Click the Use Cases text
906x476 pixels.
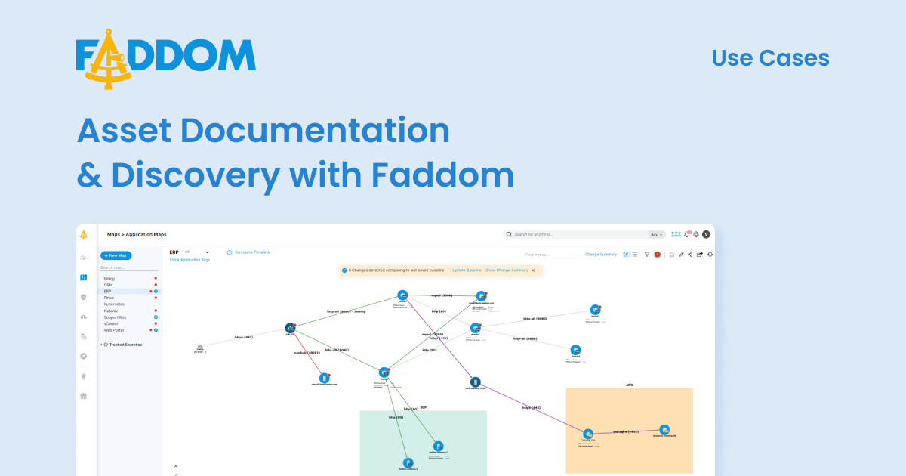click(770, 58)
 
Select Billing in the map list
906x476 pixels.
click(109, 279)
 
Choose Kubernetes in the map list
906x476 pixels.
click(114, 304)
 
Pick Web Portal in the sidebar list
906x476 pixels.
click(114, 330)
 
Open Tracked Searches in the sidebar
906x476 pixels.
click(127, 345)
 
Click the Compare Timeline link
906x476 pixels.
click(251, 252)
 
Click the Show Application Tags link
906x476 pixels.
click(190, 260)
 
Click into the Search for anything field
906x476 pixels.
click(578, 234)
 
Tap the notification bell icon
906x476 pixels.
click(686, 234)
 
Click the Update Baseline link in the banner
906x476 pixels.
click(467, 270)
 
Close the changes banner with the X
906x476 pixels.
click(533, 270)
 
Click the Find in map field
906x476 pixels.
click(551, 255)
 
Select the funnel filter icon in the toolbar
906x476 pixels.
click(647, 255)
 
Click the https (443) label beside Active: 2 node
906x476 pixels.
click(243, 337)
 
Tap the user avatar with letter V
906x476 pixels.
click(706, 234)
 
